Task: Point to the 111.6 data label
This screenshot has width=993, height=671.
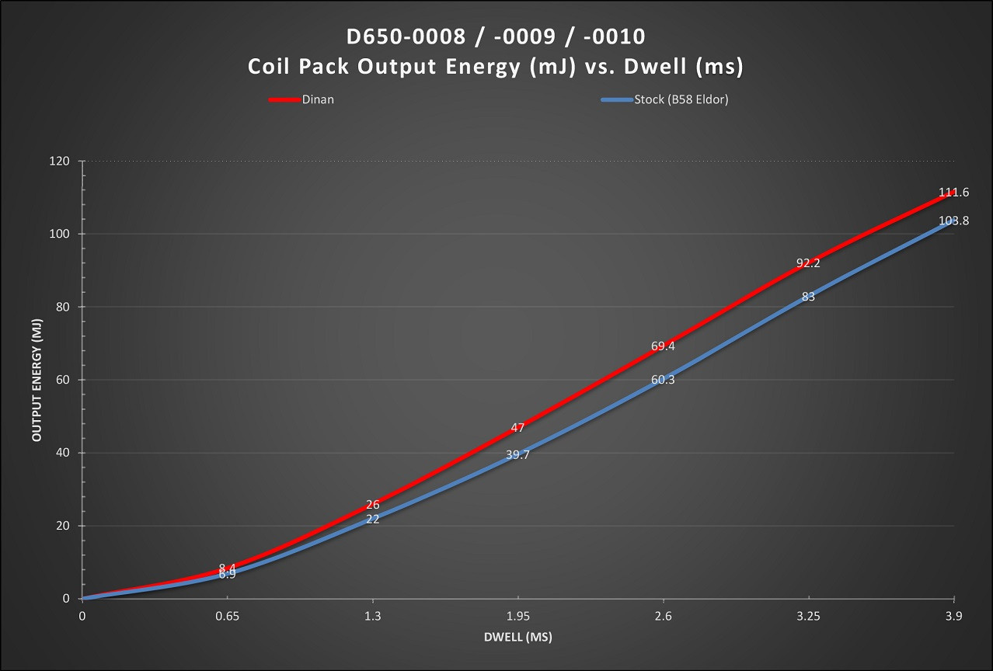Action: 953,193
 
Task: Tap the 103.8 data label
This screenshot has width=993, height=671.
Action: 953,221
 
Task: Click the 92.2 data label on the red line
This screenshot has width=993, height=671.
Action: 808,263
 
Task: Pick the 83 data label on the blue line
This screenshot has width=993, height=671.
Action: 808,297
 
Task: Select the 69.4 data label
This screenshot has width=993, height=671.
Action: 663,346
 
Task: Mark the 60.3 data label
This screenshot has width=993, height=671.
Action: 663,380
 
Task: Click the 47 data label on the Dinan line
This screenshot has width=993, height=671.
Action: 517,428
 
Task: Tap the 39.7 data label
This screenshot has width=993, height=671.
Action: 517,455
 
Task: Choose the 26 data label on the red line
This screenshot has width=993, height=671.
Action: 372,505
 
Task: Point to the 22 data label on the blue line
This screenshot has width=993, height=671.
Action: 372,519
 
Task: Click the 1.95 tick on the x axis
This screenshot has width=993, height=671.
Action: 517,617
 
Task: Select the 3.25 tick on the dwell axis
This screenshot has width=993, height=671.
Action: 808,617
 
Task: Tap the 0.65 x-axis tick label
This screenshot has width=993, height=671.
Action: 227,617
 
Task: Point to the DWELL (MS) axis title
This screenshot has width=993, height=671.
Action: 517,638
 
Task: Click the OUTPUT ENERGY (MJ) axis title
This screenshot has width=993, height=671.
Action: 37,380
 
